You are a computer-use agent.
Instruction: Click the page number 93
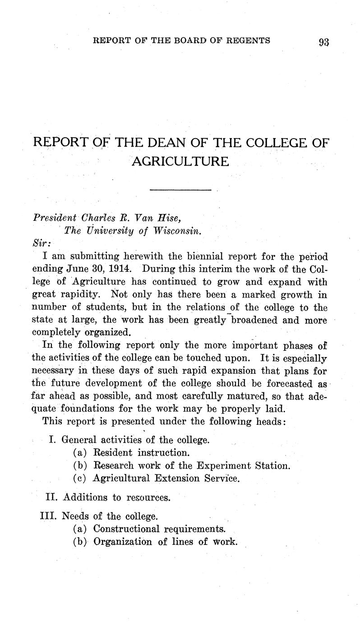pos(324,42)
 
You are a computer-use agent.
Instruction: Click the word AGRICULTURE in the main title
pos(180,160)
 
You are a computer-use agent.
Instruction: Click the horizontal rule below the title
pos(180,190)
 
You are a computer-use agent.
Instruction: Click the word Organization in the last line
pos(123,541)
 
